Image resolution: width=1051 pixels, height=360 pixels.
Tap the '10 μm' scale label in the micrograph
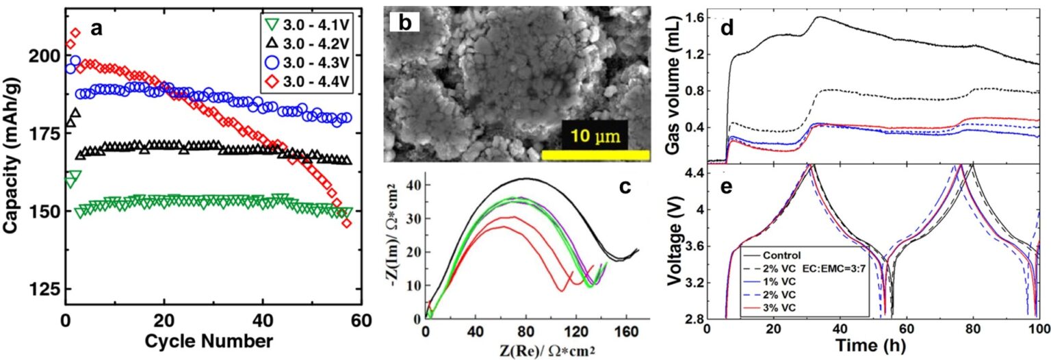(x=595, y=136)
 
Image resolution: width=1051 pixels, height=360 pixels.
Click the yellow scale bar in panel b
(x=595, y=155)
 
